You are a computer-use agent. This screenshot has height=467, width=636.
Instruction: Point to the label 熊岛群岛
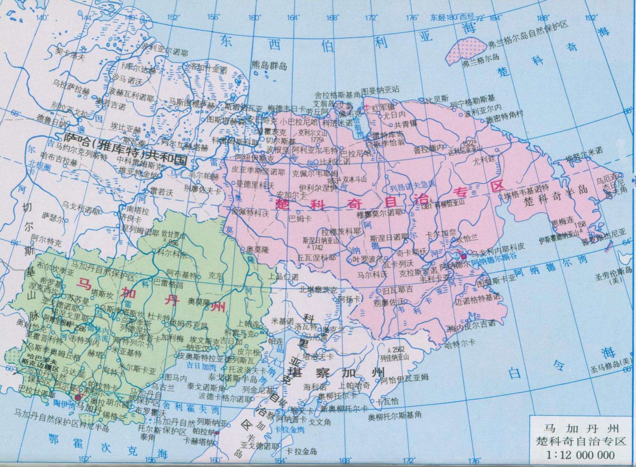(x=269, y=66)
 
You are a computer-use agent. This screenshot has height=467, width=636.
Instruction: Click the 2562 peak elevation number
(x=398, y=349)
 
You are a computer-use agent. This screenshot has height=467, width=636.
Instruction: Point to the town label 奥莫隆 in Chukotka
(x=258, y=250)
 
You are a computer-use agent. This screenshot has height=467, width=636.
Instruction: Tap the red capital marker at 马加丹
(x=78, y=397)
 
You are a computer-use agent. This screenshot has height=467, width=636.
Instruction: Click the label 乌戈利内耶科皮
(x=498, y=247)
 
